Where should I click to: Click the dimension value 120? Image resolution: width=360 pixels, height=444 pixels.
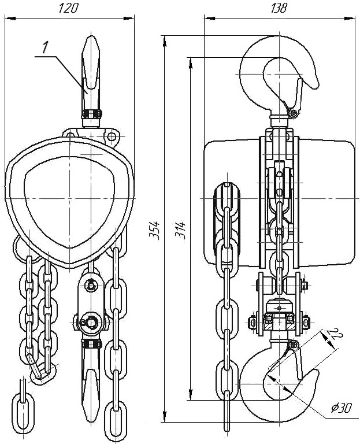[68, 9]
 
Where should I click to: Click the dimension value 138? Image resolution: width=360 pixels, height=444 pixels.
[279, 8]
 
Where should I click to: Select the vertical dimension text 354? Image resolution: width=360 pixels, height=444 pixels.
[155, 230]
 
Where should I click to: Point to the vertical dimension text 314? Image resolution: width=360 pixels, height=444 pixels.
[180, 230]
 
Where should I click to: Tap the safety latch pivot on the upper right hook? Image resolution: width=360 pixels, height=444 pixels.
[294, 114]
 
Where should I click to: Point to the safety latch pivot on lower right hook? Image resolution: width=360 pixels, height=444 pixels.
[293, 345]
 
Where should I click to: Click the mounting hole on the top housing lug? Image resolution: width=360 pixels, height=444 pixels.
[112, 137]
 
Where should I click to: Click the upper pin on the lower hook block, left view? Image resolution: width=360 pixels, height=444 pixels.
[91, 284]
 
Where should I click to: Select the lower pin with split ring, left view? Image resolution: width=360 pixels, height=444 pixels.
[91, 321]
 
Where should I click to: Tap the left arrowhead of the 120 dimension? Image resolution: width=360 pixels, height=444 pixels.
[10, 18]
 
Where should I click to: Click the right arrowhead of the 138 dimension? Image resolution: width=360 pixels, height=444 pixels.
[351, 18]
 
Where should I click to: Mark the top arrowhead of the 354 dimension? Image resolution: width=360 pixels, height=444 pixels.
[165, 40]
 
